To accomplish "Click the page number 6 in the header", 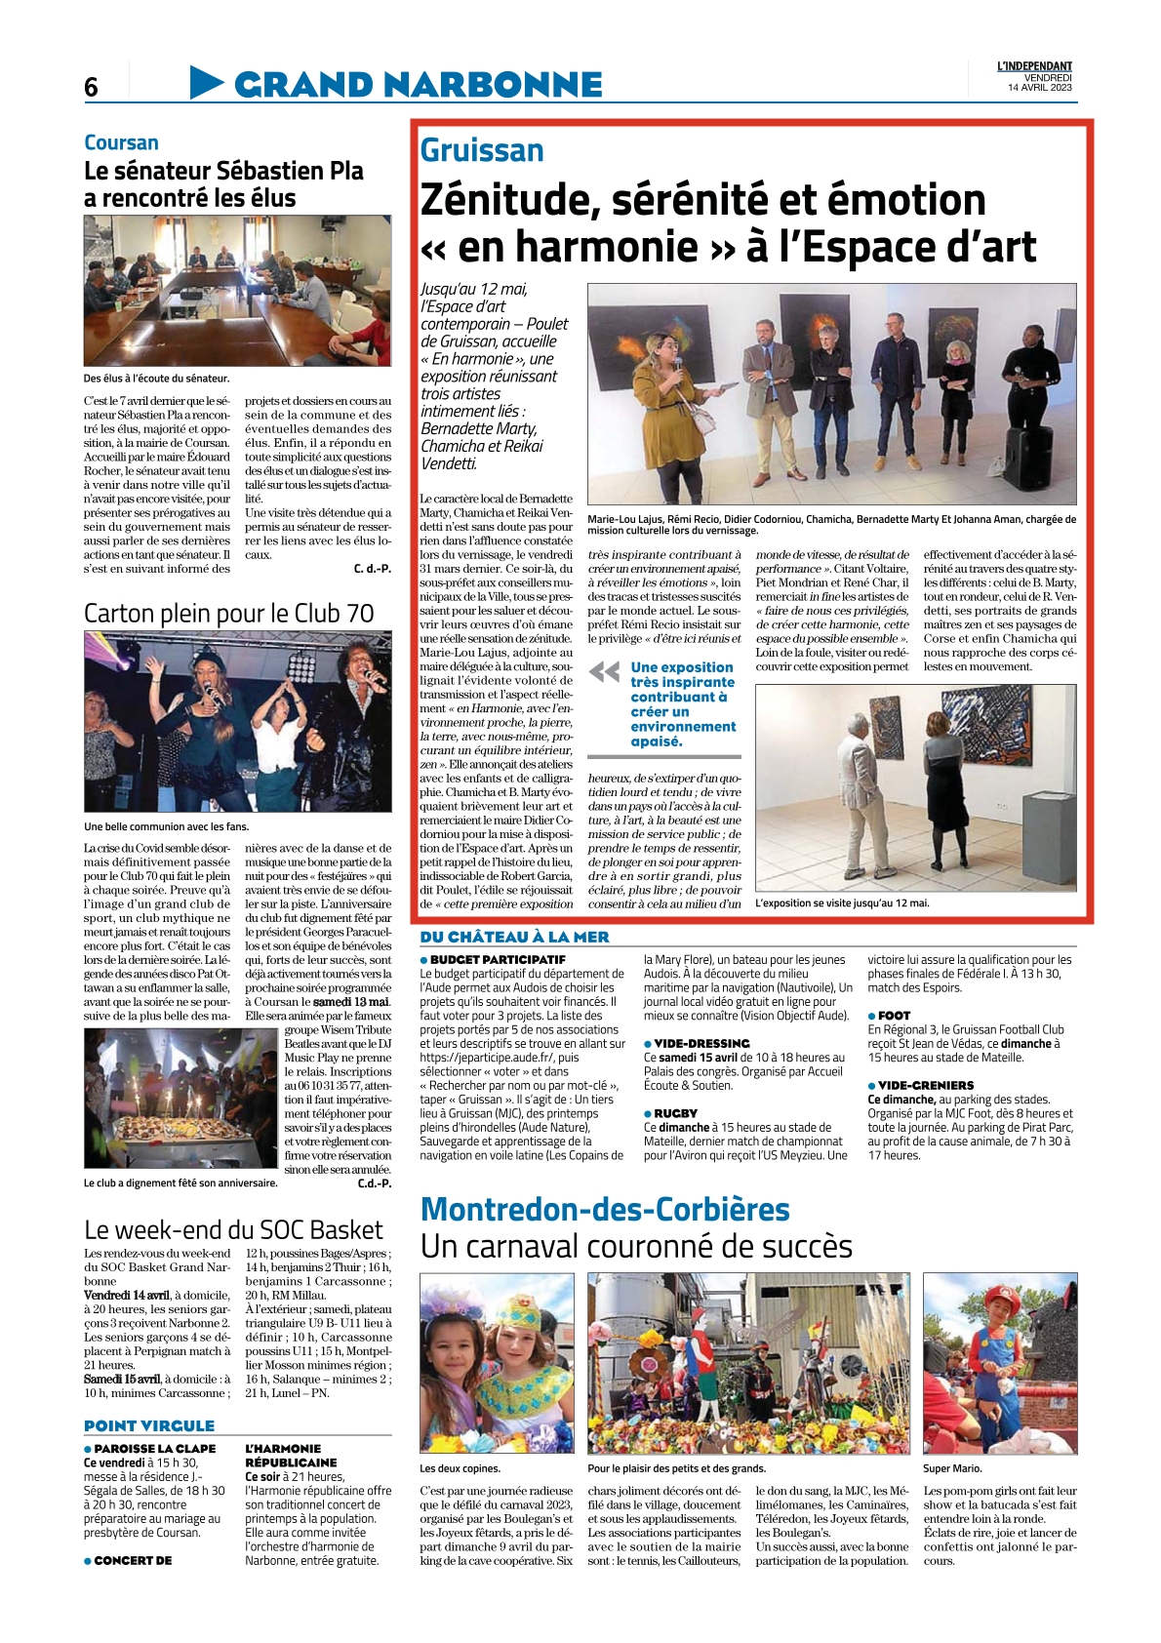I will point(91,88).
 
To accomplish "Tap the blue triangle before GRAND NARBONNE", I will point(207,83).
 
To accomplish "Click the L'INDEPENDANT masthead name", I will point(1034,66).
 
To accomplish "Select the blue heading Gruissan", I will point(482,150).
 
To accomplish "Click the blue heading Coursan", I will point(121,142).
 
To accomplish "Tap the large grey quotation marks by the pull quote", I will point(605,671).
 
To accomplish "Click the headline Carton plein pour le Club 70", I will point(229,613).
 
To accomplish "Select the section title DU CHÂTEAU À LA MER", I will point(514,937).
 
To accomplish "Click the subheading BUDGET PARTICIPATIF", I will point(498,960).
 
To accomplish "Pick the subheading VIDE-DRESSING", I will point(701,1043).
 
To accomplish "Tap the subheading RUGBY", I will point(675,1113).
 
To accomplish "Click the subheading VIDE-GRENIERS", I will point(925,1085).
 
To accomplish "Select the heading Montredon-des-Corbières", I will point(605,1209).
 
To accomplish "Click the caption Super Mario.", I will point(952,1468).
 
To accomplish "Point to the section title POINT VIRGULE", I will point(149,1425).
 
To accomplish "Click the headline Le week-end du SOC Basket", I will point(233,1229).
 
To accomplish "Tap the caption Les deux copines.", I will point(460,1468).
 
